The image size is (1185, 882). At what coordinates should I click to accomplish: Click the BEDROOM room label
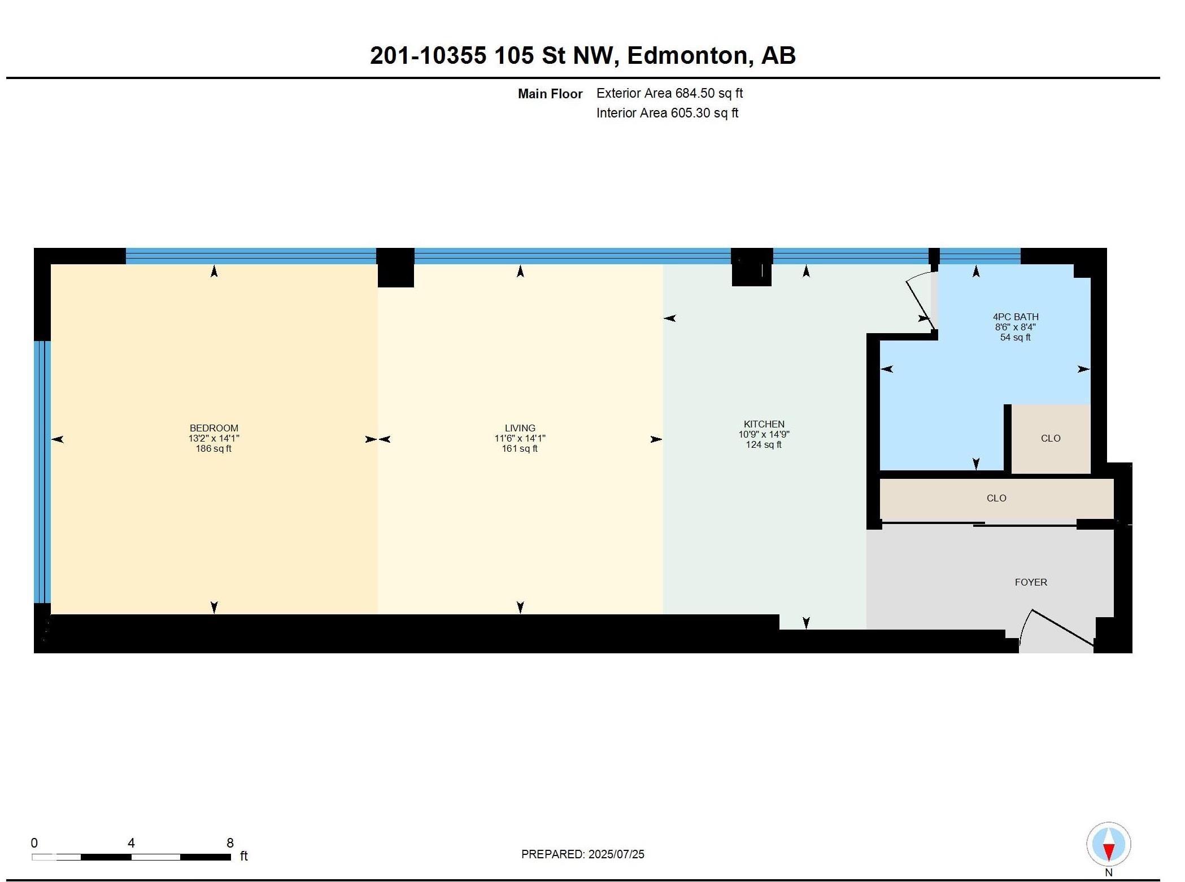(x=214, y=428)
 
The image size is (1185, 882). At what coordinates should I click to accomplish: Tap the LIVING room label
(x=520, y=428)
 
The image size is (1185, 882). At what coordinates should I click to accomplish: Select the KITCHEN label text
(x=764, y=424)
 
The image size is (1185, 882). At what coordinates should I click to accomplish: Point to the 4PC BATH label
(x=1016, y=317)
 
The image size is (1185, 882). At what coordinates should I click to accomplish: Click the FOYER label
(x=1031, y=582)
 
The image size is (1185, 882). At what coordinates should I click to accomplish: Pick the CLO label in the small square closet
(x=1051, y=438)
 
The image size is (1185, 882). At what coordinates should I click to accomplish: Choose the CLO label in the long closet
(x=996, y=498)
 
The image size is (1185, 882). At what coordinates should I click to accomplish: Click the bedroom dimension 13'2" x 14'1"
(x=214, y=438)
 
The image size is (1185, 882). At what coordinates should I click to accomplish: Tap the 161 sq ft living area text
(x=520, y=448)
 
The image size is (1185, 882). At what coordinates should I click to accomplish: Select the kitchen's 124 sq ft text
(x=764, y=444)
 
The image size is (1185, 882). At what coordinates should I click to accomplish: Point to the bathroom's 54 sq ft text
(x=1016, y=337)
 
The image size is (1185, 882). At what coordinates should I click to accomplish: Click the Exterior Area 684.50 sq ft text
(x=669, y=93)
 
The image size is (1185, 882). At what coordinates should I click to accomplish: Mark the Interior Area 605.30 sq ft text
(x=667, y=113)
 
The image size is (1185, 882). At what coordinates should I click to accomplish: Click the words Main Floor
(x=550, y=94)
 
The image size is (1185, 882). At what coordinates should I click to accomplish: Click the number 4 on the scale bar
(x=131, y=843)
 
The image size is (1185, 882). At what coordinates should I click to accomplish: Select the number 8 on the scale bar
(x=230, y=843)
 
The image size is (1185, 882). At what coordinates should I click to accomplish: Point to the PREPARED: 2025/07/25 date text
(x=582, y=854)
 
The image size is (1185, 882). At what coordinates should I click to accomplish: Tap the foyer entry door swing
(x=1056, y=632)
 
